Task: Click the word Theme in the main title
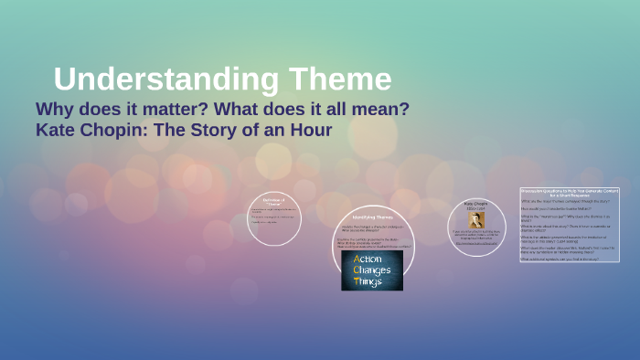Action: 340,79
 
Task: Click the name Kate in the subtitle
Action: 56,130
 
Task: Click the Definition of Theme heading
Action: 273,201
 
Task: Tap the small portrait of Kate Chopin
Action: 475,220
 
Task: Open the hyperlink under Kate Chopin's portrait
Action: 475,243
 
